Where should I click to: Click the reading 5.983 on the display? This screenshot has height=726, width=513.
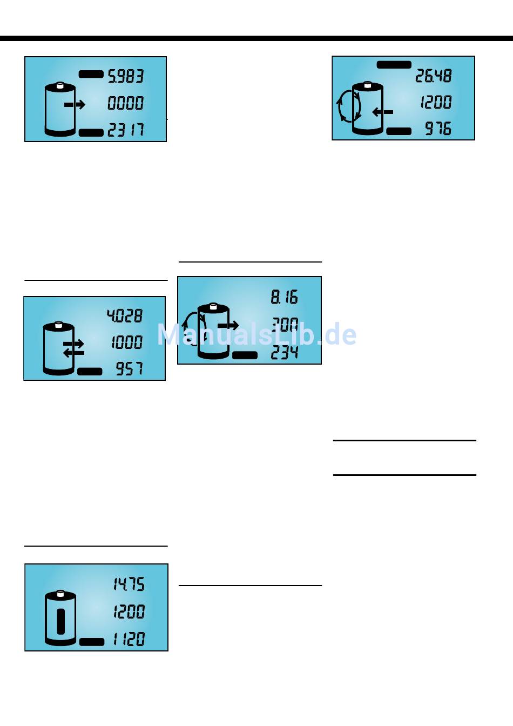(126, 76)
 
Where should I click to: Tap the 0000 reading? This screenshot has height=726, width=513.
(126, 103)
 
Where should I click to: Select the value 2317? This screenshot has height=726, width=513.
(126, 130)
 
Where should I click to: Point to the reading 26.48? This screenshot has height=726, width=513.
(433, 76)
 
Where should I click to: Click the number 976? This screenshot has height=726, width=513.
(438, 129)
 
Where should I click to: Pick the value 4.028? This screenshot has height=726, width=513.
(125, 315)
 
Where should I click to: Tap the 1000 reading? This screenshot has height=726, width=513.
(127, 342)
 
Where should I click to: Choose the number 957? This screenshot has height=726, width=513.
(130, 369)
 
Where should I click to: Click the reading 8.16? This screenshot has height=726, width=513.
(285, 297)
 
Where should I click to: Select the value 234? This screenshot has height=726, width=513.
(285, 353)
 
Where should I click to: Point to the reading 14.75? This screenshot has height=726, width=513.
(129, 584)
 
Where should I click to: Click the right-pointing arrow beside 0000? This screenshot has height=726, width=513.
(75, 104)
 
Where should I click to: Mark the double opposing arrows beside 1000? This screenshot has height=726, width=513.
(73, 348)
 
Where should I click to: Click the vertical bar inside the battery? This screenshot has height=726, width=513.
(60, 622)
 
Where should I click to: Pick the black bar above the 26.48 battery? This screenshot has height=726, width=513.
(394, 64)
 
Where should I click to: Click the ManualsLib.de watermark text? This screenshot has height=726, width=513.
(256, 334)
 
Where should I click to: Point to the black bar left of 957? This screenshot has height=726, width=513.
(90, 371)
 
